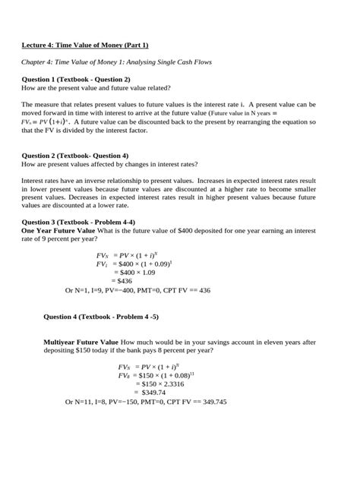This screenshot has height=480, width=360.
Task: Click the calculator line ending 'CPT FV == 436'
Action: coord(137,289)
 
